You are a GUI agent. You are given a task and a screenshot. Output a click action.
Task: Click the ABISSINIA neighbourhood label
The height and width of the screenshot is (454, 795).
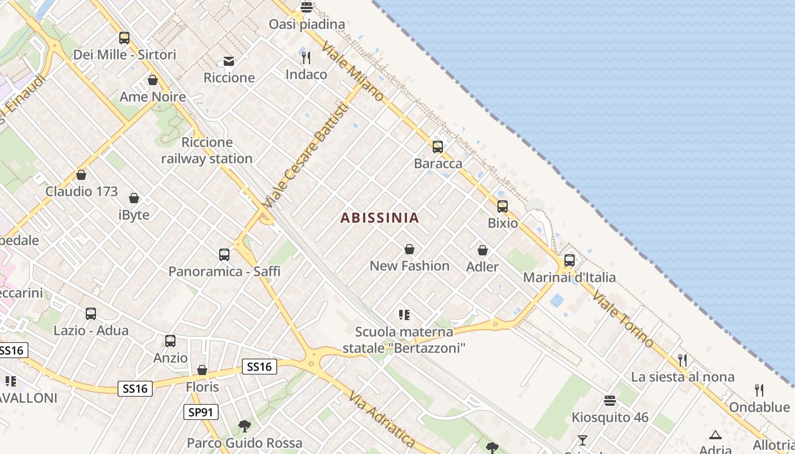[380, 217]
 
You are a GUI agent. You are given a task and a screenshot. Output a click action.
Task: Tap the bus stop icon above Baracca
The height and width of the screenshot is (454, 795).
[437, 147]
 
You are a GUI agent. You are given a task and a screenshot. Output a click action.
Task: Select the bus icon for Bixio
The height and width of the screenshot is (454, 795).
[503, 207]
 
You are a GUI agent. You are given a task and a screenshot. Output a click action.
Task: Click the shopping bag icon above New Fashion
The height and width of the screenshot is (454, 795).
[409, 249]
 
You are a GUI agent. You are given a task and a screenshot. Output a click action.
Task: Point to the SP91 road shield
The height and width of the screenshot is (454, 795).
[201, 412]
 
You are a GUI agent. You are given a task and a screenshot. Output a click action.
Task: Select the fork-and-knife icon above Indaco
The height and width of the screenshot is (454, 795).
[306, 58]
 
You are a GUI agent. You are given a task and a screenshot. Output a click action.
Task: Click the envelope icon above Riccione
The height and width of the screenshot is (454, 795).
[229, 61]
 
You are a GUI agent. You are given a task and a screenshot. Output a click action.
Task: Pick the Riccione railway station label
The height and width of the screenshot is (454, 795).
[207, 150]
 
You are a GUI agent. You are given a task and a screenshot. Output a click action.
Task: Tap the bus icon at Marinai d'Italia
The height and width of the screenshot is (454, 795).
[569, 260]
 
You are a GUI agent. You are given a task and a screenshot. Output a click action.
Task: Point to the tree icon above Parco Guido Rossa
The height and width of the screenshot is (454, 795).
[245, 426]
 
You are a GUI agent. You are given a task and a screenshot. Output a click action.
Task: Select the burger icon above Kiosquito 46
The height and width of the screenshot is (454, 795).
[610, 401]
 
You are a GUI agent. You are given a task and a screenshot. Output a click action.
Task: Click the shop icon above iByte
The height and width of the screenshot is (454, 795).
[134, 198]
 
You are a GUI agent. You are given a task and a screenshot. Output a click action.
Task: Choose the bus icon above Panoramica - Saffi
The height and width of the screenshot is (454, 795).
[224, 255]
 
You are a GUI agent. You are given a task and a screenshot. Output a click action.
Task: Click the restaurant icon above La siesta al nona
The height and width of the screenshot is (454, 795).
[683, 360]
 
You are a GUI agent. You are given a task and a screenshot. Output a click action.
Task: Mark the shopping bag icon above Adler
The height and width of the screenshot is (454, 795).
[482, 250]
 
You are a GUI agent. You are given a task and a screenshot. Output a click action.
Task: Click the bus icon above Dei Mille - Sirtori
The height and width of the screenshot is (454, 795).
[124, 38]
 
